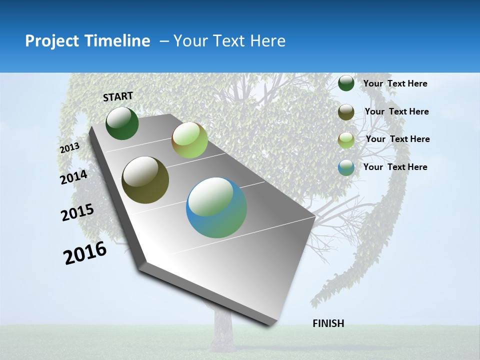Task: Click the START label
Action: tap(118, 96)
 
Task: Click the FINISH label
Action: tap(328, 323)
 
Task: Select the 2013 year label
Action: tap(69, 148)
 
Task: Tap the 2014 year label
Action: tap(73, 177)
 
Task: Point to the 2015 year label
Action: tap(77, 212)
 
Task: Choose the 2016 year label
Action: tap(85, 253)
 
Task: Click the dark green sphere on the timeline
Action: tap(122, 123)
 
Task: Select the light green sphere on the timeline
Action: tap(189, 139)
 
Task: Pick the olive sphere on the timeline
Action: tap(145, 180)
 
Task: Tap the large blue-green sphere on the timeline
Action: tap(216, 207)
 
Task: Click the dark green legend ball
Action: tap(346, 83)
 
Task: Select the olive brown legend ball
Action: tap(346, 112)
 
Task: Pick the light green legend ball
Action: tap(346, 140)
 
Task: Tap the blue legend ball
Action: tap(346, 167)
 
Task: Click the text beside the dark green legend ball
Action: tap(395, 83)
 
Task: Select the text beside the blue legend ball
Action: tap(395, 167)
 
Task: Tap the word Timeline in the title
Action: tap(119, 41)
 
